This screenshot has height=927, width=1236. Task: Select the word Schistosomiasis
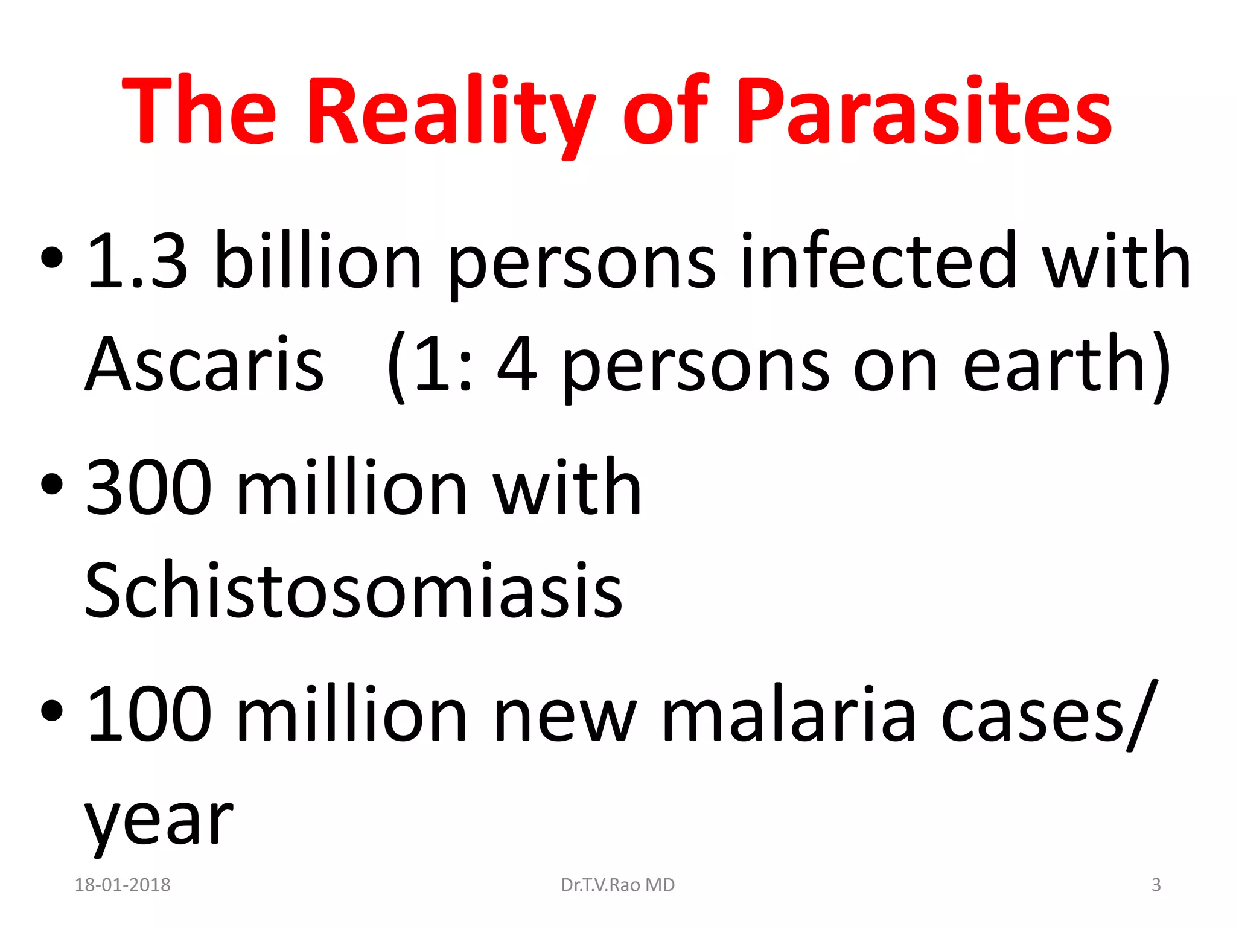pos(353,590)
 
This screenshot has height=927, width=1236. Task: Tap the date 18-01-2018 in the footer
pos(123,885)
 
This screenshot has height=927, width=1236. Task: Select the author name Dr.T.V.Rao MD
pos(618,885)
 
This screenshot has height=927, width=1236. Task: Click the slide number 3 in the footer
pos(1156,885)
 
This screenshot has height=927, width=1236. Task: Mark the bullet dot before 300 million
pos(52,484)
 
